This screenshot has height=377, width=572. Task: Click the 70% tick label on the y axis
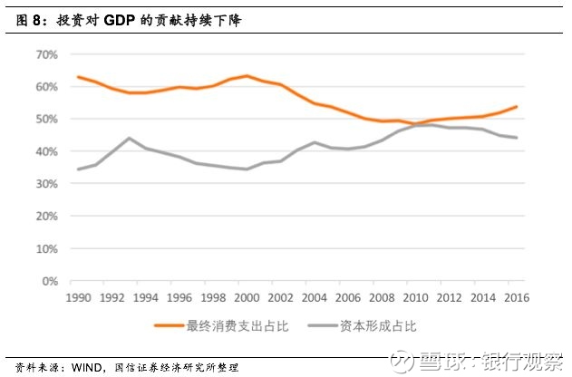(47, 54)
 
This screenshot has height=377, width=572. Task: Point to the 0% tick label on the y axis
(50, 281)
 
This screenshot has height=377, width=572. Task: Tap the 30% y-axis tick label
(47, 184)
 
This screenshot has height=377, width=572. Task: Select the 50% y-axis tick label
(47, 119)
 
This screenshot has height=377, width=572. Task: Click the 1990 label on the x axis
(80, 295)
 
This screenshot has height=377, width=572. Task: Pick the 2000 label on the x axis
(246, 295)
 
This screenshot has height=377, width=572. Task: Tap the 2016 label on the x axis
(515, 295)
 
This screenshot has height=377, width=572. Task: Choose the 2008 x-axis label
(380, 295)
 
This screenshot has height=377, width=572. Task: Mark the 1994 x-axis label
(146, 295)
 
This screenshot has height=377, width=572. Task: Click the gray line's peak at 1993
(130, 139)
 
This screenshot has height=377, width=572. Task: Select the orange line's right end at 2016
(516, 107)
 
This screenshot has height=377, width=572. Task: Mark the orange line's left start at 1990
(80, 77)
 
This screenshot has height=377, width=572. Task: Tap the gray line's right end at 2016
(516, 138)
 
